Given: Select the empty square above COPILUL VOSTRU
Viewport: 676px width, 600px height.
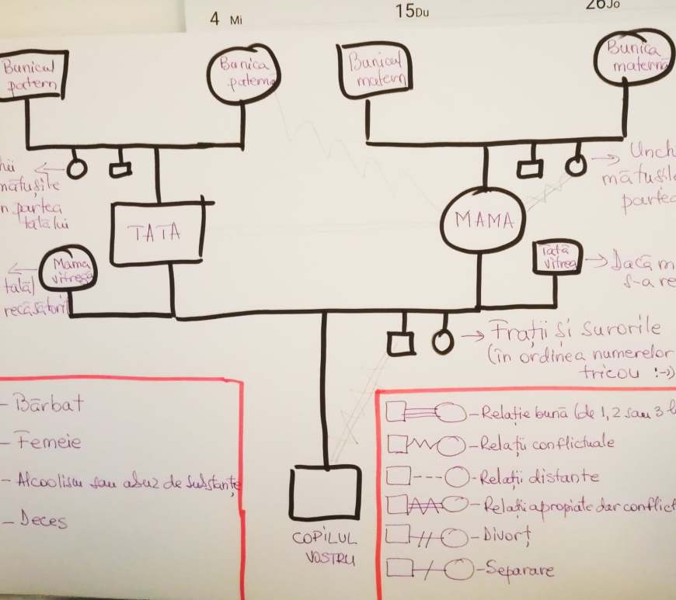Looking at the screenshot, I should click(x=326, y=492).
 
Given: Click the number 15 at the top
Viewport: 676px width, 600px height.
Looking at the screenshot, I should click(x=404, y=11).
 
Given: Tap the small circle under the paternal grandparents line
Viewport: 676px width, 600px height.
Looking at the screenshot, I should click(x=76, y=168).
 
